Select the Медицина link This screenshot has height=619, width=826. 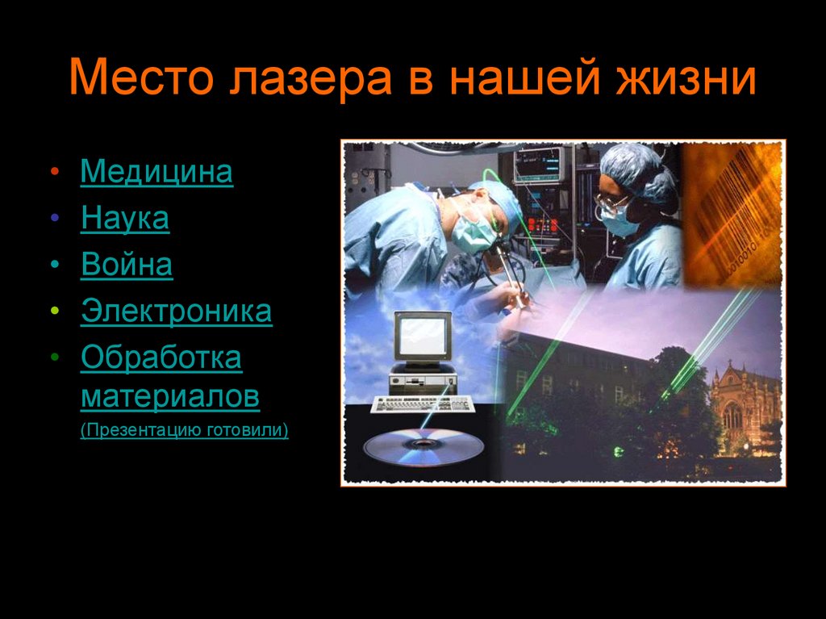pyautogui.click(x=156, y=172)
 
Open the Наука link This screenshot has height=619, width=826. pyautogui.click(x=125, y=219)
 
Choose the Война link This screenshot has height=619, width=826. pyautogui.click(x=127, y=266)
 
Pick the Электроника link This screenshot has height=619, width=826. pyautogui.click(x=176, y=312)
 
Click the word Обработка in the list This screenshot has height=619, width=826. pyautogui.click(x=161, y=358)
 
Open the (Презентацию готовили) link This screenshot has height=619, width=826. pyautogui.click(x=184, y=429)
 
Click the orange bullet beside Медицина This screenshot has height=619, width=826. pyautogui.click(x=53, y=173)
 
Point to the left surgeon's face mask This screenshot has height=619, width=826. pyautogui.click(x=473, y=233)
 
